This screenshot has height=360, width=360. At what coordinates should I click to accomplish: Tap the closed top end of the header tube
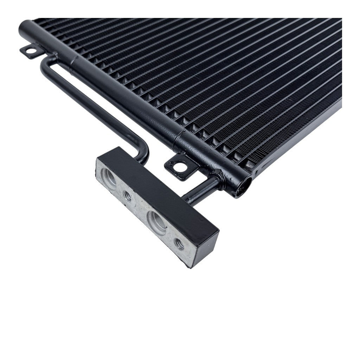(x=24, y=25)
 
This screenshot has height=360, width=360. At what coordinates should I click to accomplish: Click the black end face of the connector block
(x=206, y=248)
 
